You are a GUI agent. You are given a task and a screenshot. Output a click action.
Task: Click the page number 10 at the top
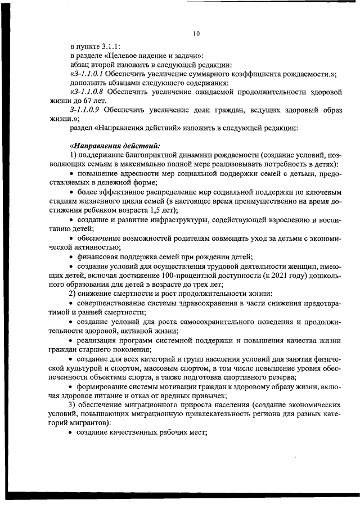[x=196, y=34]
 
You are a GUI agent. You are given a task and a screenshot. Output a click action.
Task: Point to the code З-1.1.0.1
[x=87, y=74]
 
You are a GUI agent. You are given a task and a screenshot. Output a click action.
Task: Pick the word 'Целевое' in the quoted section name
[x=120, y=56]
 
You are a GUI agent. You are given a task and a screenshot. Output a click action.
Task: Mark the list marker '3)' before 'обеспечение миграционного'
[x=72, y=404]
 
